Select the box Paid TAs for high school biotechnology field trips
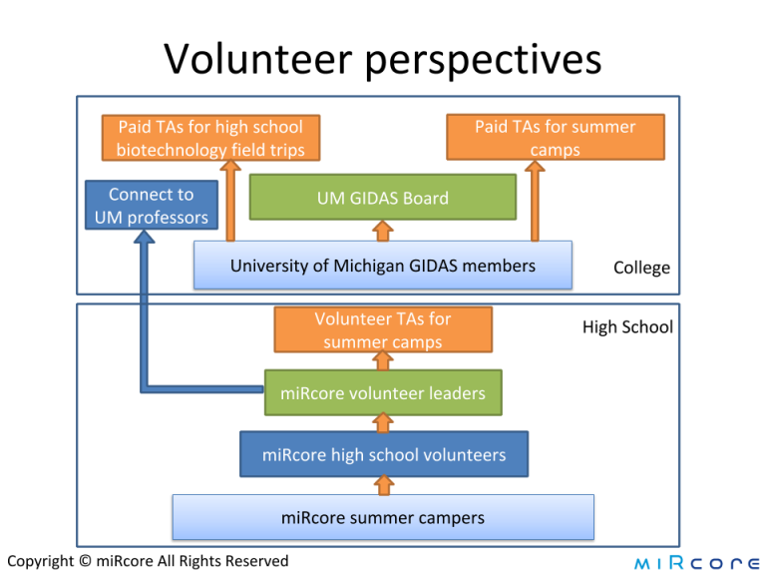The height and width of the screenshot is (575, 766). pos(209,138)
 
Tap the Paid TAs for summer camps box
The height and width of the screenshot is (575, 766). pos(555,138)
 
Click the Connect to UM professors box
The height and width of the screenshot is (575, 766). pos(152,206)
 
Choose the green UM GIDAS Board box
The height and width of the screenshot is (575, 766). pos(382,198)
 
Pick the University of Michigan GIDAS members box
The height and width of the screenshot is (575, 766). pos(382,266)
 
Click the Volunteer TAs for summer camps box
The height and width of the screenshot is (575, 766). pos(382,330)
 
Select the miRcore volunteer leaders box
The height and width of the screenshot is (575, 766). pos(382,392)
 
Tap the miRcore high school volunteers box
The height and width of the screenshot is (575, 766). pos(383,454)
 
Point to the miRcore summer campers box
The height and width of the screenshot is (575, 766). pos(383,517)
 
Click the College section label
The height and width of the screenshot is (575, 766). pos(641,268)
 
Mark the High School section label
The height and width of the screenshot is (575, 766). pos(627,326)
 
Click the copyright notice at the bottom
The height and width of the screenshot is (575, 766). pos(147,561)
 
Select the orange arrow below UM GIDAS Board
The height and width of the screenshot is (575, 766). pos(382,231)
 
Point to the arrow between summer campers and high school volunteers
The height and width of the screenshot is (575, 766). pos(382,485)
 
